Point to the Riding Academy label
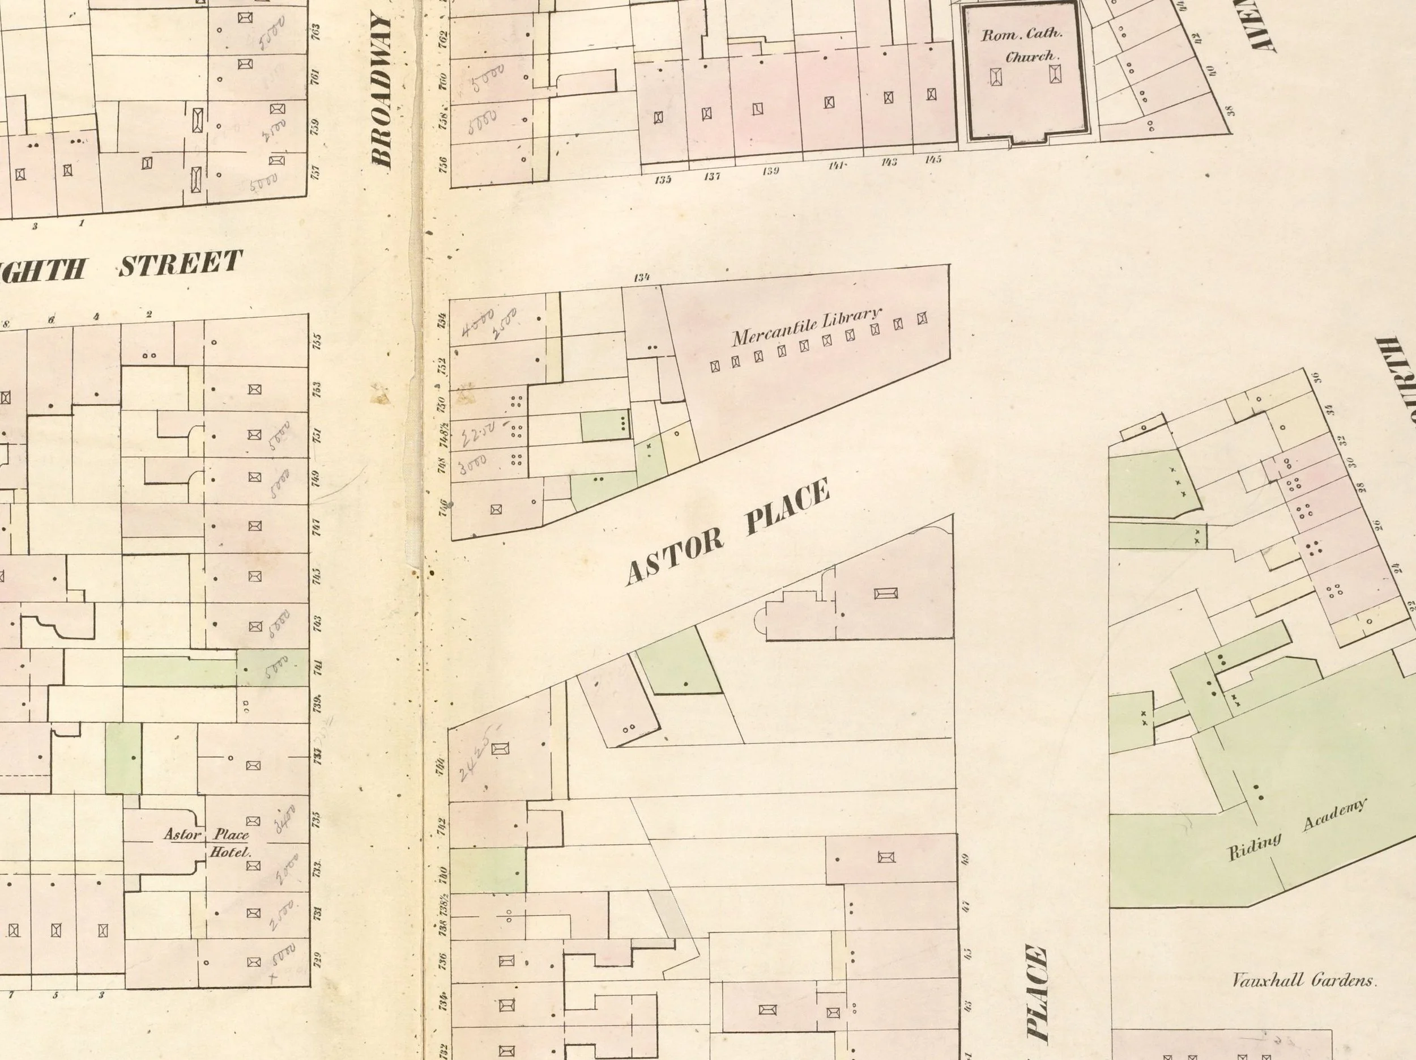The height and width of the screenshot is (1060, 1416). pyautogui.click(x=1296, y=830)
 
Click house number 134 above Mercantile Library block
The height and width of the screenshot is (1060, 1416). pyautogui.click(x=641, y=277)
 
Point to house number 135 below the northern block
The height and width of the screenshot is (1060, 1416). pyautogui.click(x=663, y=179)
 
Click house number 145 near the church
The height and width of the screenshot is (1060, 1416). pyautogui.click(x=933, y=159)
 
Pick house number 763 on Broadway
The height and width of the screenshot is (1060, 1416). pyautogui.click(x=315, y=30)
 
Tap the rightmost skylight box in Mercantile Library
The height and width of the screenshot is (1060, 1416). pyautogui.click(x=923, y=319)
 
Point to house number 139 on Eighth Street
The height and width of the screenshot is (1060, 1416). pyautogui.click(x=771, y=172)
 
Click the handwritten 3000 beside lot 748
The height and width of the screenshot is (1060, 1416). pyautogui.click(x=472, y=463)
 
